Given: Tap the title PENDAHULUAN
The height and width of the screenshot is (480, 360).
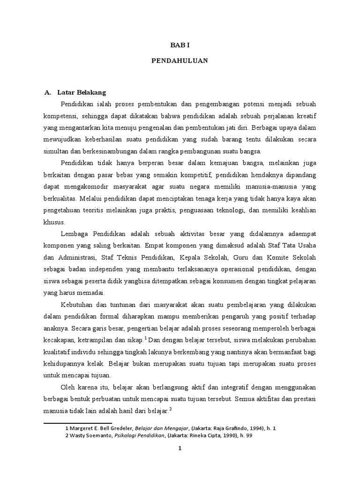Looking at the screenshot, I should point(180,60).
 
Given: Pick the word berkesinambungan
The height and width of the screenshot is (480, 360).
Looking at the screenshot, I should point(107,151).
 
